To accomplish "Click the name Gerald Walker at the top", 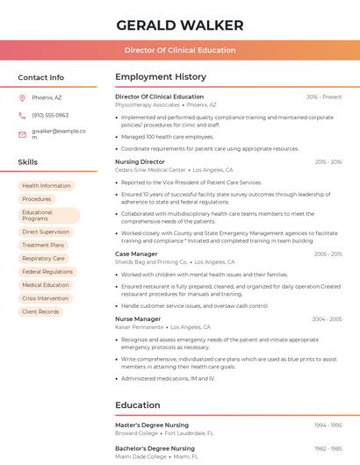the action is (x=179, y=25).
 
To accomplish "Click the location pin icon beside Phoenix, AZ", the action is (x=22, y=97).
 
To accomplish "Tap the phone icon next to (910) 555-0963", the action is (x=22, y=115).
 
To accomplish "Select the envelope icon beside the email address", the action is (x=22, y=134).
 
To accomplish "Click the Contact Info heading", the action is (x=40, y=77).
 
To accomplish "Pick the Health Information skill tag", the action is (x=46, y=186).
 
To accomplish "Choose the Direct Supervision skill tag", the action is (x=46, y=232).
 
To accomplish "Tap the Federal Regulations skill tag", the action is (x=47, y=272).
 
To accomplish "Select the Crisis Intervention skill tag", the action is (x=46, y=298).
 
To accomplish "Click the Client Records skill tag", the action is (x=40, y=311).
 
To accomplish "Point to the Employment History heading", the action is (x=161, y=77).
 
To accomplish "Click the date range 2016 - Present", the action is (x=324, y=97).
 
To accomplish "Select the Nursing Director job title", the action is (x=140, y=162).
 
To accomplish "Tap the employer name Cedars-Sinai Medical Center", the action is (x=150, y=170).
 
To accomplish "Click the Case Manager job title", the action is (x=136, y=254).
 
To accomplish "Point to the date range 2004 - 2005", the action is (x=327, y=318).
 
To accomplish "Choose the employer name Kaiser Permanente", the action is (x=139, y=326).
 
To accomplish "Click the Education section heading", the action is (x=138, y=405).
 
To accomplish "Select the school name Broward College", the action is (x=136, y=433).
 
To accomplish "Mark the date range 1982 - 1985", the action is (x=328, y=448).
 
